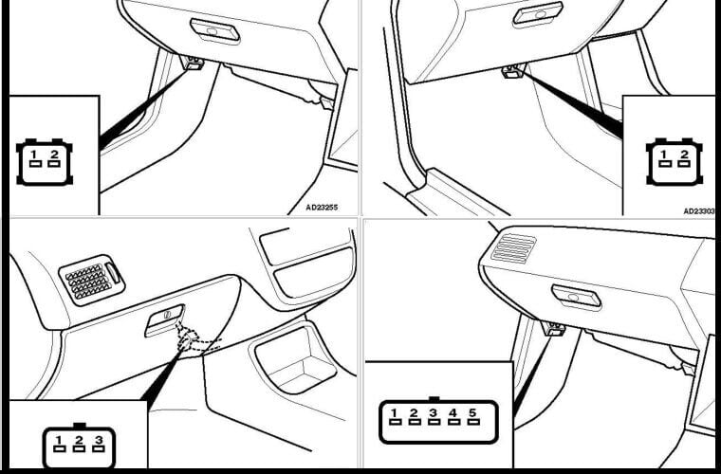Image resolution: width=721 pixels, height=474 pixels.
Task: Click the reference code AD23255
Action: (x=322, y=208)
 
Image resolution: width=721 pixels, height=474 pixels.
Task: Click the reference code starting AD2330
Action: (x=699, y=211)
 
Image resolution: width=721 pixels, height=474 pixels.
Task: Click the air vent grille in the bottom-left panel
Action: (x=91, y=281)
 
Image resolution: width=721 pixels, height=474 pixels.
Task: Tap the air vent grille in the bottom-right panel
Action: (x=513, y=248)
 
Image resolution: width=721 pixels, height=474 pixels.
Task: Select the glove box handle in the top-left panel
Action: (x=214, y=31)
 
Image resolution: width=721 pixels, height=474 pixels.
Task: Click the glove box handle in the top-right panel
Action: (x=538, y=13)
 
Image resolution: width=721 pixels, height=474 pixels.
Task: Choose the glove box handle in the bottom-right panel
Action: (x=576, y=297)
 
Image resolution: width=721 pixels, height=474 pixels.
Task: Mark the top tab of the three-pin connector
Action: (x=80, y=426)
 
